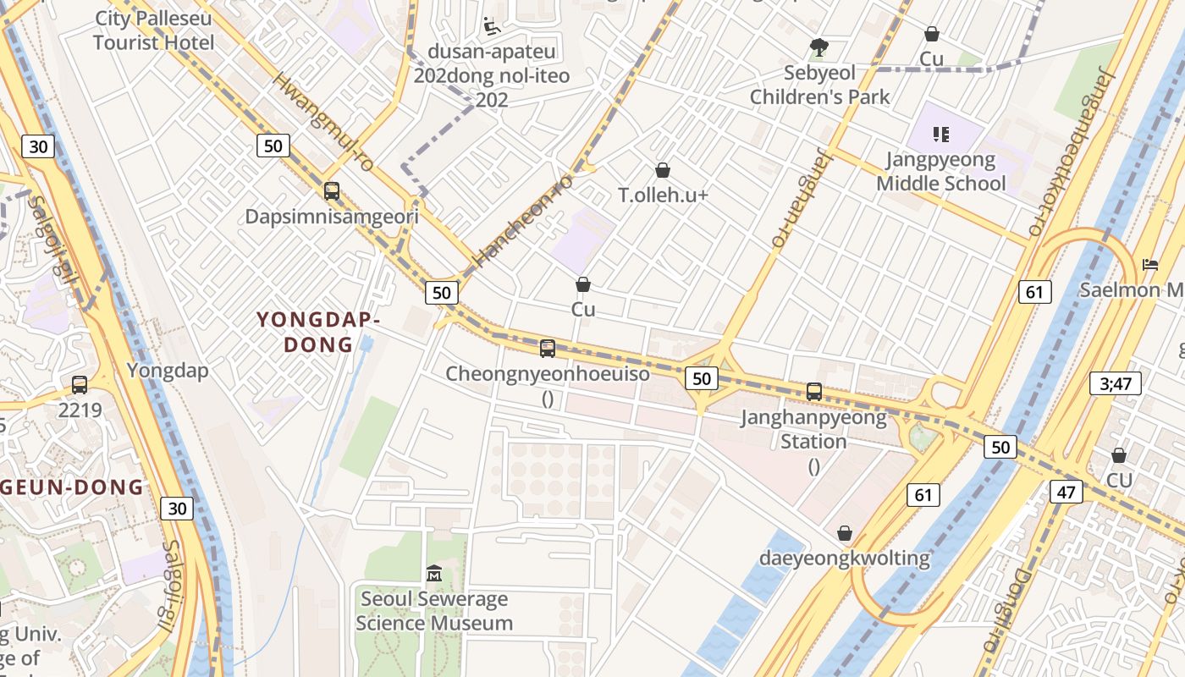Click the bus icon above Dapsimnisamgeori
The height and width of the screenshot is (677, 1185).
(x=332, y=191)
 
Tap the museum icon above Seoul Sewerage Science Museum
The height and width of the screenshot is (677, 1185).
(x=434, y=574)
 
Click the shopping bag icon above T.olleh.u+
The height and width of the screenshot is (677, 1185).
(x=663, y=171)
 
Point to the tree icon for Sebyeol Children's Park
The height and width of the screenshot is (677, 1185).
(x=818, y=47)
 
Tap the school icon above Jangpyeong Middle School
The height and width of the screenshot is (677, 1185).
(x=941, y=135)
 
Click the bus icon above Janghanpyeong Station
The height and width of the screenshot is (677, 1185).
(x=814, y=392)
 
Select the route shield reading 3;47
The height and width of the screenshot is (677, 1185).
(x=1115, y=383)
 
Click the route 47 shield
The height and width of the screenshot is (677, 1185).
(x=1066, y=492)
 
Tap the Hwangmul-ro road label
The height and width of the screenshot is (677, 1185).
(x=324, y=123)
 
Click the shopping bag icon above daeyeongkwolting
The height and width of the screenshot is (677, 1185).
(x=844, y=533)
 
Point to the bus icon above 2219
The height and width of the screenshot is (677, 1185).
(x=80, y=385)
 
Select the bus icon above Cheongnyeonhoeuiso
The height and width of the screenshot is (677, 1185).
(x=548, y=349)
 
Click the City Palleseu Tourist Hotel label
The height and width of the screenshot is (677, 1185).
(x=153, y=30)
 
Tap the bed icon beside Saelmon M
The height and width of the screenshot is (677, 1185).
(x=1150, y=265)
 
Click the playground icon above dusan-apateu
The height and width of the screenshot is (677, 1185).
(x=491, y=27)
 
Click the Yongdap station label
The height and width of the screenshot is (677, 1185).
(x=168, y=370)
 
